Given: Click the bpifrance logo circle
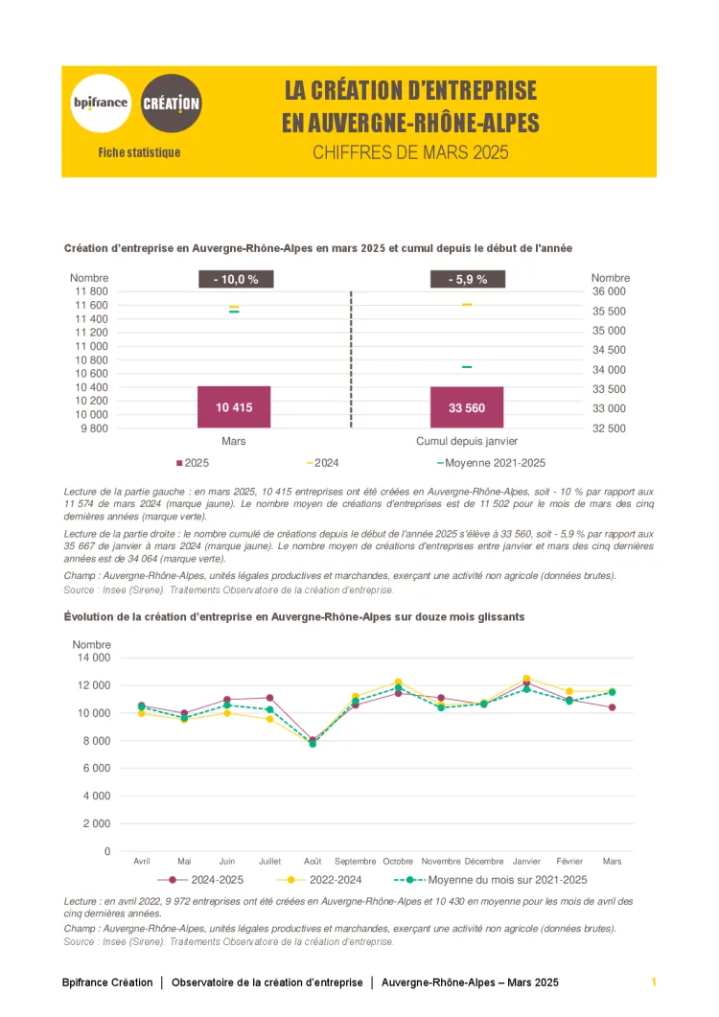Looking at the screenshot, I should point(101,103).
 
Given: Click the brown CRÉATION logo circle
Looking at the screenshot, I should point(172,103).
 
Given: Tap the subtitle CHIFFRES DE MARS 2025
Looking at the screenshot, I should point(410,152).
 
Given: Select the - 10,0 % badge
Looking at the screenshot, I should point(235,279).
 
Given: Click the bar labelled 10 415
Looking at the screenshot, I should point(234,407).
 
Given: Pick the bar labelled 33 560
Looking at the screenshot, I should point(467,407).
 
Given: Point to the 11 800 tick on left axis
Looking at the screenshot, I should point(91,291).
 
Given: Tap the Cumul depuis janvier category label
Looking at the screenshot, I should point(467,442).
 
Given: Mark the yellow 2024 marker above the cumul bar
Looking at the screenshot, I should point(467,305).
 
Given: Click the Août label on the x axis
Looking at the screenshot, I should point(313,861).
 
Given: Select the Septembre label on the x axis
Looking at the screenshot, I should point(356,861).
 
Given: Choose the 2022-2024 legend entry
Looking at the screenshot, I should point(330,879).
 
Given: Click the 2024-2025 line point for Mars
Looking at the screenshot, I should point(612,707).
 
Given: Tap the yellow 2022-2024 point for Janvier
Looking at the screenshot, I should point(525,679).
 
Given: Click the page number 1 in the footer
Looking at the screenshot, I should point(654,982).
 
